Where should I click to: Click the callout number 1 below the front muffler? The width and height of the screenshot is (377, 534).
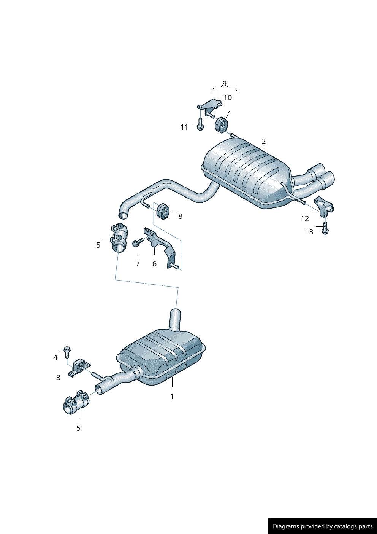[172, 397]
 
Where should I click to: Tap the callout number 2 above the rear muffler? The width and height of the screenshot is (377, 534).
[263, 141]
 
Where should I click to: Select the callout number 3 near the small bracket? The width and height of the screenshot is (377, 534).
[58, 378]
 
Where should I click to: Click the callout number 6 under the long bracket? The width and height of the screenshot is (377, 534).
[154, 264]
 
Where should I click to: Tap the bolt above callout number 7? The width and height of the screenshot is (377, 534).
[137, 242]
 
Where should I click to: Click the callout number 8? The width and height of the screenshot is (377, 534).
[180, 216]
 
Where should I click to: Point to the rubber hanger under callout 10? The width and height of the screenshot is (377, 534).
[221, 125]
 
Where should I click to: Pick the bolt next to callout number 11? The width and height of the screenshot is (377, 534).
[200, 124]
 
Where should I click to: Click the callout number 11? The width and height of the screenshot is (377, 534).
[184, 127]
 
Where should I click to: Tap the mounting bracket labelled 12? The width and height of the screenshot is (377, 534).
[323, 206]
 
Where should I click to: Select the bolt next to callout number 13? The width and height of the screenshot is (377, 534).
[325, 228]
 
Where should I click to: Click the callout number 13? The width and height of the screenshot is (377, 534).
[309, 232]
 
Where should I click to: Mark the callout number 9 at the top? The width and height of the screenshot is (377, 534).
[224, 83]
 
